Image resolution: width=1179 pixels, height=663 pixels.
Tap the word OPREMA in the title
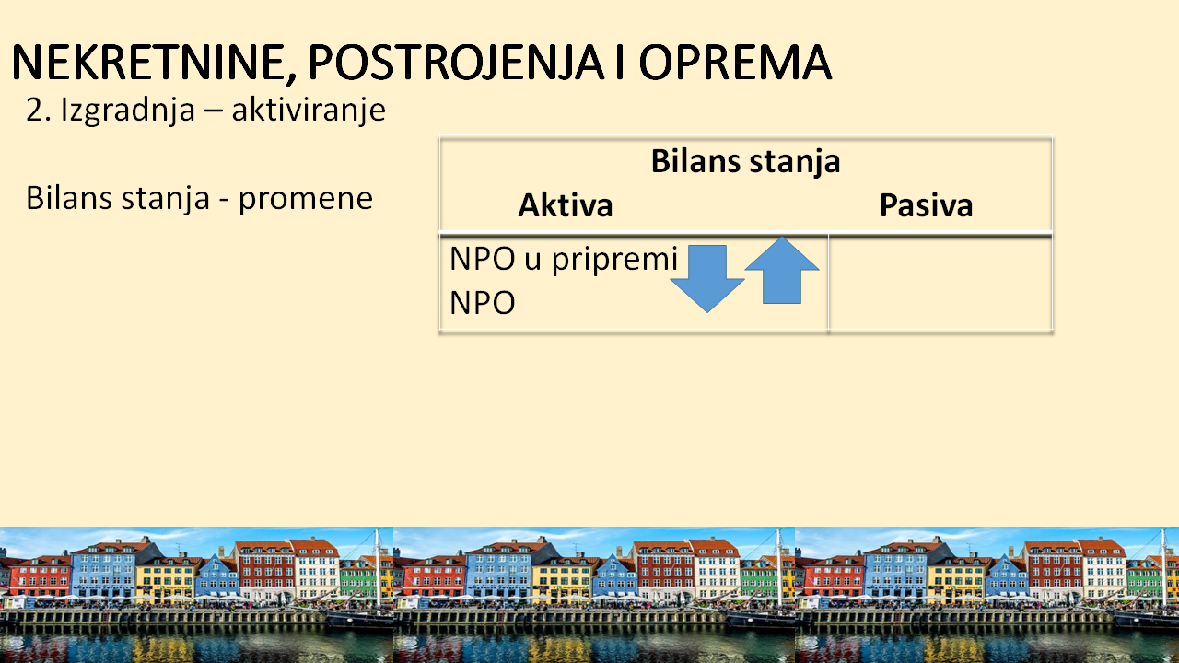[x=735, y=62]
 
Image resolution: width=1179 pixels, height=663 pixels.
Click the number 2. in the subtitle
[x=39, y=110]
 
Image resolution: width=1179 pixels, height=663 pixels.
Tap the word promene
[x=306, y=200]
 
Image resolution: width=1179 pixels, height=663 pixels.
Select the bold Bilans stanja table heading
[x=745, y=161]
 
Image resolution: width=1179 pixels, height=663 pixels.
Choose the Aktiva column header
[x=566, y=205]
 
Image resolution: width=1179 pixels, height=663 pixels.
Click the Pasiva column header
[x=926, y=205]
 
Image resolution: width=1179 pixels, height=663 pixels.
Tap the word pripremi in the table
[x=614, y=260]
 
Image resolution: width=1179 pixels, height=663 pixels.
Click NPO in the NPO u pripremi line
[x=482, y=259]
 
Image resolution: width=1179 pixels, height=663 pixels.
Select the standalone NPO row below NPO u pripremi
[x=482, y=303]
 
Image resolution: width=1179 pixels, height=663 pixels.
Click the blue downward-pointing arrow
[x=706, y=279]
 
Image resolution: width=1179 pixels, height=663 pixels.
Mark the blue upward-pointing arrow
[x=782, y=270]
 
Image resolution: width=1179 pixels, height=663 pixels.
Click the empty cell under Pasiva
[x=940, y=283]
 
